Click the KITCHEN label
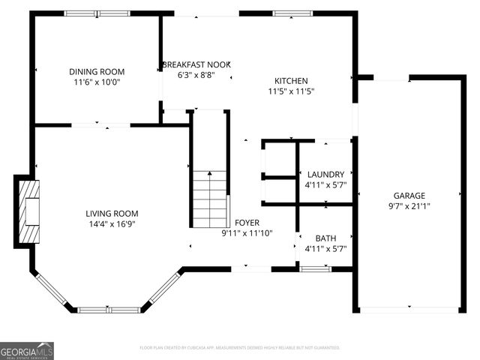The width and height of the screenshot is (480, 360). point(291,81)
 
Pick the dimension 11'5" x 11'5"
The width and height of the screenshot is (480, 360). point(291,91)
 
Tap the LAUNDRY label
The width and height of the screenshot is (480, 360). point(325,174)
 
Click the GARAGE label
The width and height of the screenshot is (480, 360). point(409,195)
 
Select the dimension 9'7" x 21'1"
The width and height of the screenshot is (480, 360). point(409,205)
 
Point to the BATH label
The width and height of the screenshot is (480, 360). point(325,238)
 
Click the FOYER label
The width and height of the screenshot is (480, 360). point(247,223)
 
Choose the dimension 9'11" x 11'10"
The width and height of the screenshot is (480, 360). point(247,233)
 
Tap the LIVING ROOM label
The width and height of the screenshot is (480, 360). point(112,213)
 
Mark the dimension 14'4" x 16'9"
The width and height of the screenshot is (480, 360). point(112,223)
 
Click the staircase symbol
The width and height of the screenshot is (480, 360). point(210,199)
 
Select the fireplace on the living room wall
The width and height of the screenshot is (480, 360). point(27,211)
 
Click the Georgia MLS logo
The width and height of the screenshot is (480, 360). point(27,350)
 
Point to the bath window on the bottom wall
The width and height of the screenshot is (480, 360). point(315,268)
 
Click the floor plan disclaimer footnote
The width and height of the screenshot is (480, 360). point(240,348)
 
